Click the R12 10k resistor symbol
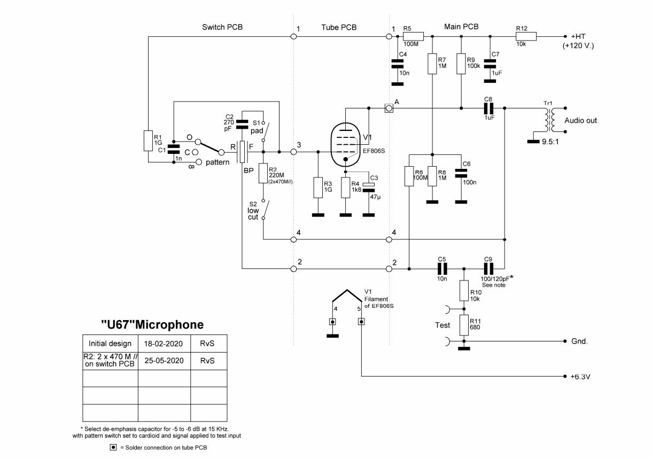(x=526, y=36)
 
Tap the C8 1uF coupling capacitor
(x=488, y=108)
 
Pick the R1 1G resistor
(x=148, y=141)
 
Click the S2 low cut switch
(x=266, y=209)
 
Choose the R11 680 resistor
(x=464, y=324)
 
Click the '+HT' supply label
(x=575, y=36)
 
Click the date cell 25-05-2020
(x=164, y=361)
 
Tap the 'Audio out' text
(x=581, y=121)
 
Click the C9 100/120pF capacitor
(x=488, y=269)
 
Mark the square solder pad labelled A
(x=390, y=108)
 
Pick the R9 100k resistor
(x=461, y=64)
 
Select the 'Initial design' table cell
(x=110, y=343)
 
